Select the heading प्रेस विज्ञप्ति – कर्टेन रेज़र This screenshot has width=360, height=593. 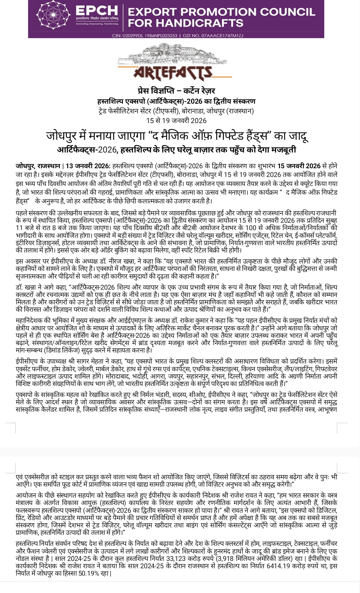click(x=176, y=91)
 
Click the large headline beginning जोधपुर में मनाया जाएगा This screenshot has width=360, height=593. click(x=177, y=135)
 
